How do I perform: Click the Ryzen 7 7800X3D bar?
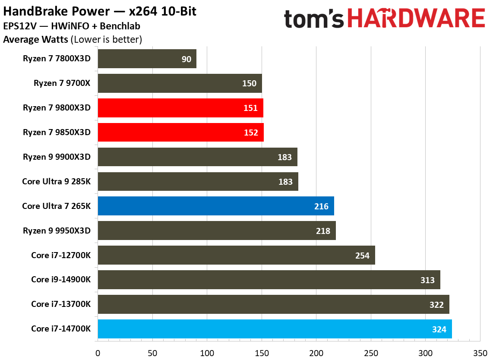147,59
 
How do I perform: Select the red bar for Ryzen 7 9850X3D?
180,133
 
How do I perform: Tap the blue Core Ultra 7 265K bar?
216,206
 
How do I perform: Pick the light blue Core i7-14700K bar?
275,329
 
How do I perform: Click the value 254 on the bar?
362,256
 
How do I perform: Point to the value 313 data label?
427,280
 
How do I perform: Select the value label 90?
186,59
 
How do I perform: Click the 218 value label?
323,231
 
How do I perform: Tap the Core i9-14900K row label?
61,280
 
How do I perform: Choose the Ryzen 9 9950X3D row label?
57,231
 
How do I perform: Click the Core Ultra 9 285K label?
56,181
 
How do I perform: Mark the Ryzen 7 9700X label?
62,83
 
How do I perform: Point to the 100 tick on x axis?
207,352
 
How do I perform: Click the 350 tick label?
480,352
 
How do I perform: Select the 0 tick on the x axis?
98,352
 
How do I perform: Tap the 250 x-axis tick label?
370,352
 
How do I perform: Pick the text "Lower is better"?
106,40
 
